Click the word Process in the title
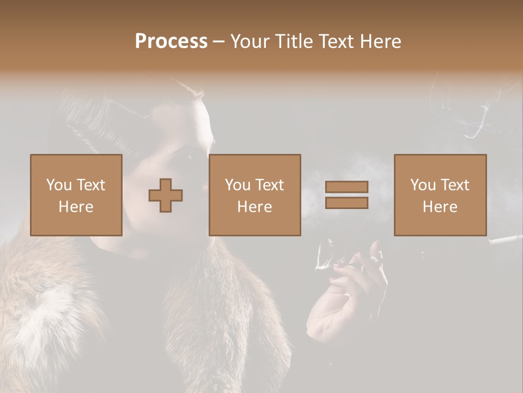point(171,41)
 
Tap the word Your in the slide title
point(250,41)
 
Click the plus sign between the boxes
point(166,195)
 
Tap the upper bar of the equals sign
point(346,187)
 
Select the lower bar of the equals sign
point(346,203)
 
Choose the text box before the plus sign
point(76,195)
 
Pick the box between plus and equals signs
point(254,195)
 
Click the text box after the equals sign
point(440,195)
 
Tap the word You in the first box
point(57,185)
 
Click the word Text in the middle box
point(270,185)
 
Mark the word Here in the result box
point(440,206)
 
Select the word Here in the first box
point(76,206)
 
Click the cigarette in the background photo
point(505,239)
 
